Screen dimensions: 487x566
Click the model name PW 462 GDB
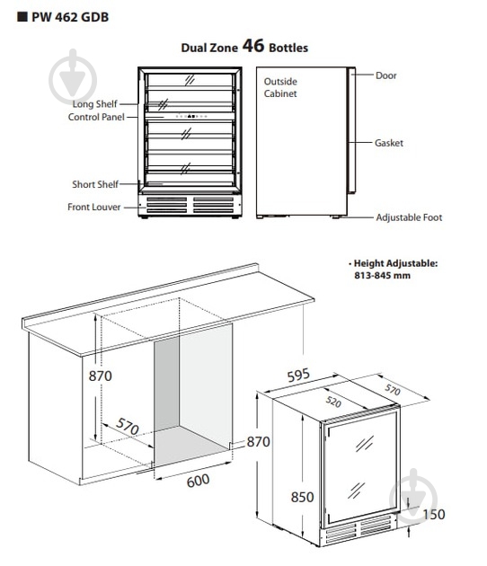point(70,17)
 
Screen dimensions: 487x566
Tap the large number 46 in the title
point(253,46)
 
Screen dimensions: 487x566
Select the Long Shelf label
point(95,104)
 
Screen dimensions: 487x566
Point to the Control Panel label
point(96,117)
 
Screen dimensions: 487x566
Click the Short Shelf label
point(95,184)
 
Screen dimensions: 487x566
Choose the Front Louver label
point(94,207)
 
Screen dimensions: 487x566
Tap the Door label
point(386,75)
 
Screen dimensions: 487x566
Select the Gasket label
point(389,143)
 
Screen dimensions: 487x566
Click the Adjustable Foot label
point(409,217)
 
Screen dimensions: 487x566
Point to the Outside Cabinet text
point(280,87)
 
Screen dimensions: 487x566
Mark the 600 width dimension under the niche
point(199,481)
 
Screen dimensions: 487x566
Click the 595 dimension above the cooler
point(298,375)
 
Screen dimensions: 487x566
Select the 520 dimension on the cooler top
point(333,402)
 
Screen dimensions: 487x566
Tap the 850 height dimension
point(302,497)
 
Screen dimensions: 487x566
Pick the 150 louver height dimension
point(434,515)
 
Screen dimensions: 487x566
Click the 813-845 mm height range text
point(382,276)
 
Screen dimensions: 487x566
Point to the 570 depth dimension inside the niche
point(128,427)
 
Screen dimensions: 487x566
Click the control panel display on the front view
point(191,116)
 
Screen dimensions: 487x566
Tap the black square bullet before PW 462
point(22,16)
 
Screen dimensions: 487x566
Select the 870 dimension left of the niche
point(101,376)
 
